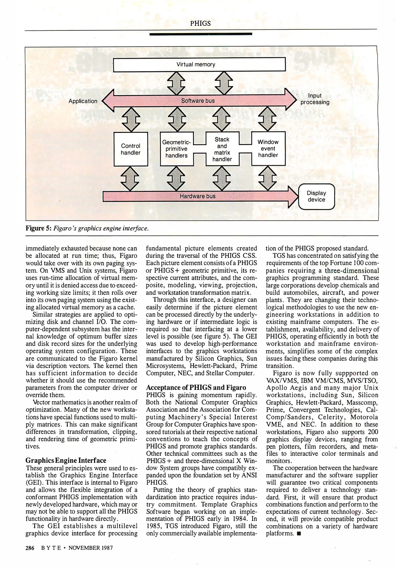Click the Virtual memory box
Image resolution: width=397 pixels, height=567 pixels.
tap(199, 64)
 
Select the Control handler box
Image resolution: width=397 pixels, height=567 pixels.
tap(131, 149)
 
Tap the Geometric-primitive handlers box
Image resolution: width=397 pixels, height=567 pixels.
tap(176, 149)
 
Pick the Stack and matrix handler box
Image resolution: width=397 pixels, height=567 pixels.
tap(222, 149)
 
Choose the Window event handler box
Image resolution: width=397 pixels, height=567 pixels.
tap(268, 149)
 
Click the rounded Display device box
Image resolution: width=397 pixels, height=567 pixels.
tap(317, 196)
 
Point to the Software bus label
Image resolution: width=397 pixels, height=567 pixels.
tap(198, 101)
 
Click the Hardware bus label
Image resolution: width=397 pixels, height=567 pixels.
tap(197, 196)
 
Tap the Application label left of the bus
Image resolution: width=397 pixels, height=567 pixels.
tap(83, 101)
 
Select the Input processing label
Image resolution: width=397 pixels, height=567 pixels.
tap(315, 99)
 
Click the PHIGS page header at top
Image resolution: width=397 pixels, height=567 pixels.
tap(200, 24)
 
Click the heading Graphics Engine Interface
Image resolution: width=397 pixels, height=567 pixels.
tap(66, 460)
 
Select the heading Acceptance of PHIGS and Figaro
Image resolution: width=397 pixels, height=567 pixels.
tap(196, 387)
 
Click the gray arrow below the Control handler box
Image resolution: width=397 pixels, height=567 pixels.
tap(131, 179)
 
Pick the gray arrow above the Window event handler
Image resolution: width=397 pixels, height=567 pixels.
tap(268, 119)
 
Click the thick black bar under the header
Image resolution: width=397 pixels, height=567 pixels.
tap(201, 34)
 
